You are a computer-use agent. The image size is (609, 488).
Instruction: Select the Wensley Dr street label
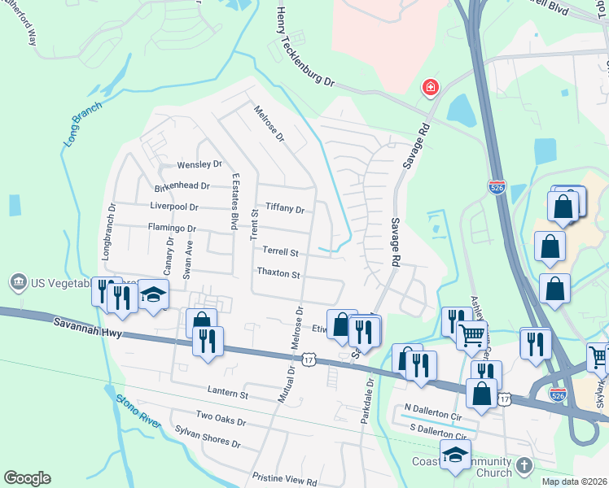(199, 165)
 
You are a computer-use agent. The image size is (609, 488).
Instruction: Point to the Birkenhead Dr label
(182, 186)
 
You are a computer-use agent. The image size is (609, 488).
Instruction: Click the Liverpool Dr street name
(175, 207)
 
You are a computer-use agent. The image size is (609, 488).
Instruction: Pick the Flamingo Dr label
(172, 229)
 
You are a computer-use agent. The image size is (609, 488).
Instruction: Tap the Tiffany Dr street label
(284, 209)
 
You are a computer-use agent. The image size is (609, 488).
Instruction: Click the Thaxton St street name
(278, 273)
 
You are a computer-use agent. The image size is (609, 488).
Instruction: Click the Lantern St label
(227, 394)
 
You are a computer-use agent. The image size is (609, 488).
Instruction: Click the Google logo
(27, 478)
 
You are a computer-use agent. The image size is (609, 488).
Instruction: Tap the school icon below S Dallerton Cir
(455, 455)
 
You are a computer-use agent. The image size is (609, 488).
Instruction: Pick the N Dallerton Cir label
(432, 407)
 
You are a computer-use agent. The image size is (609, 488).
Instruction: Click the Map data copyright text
(575, 481)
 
